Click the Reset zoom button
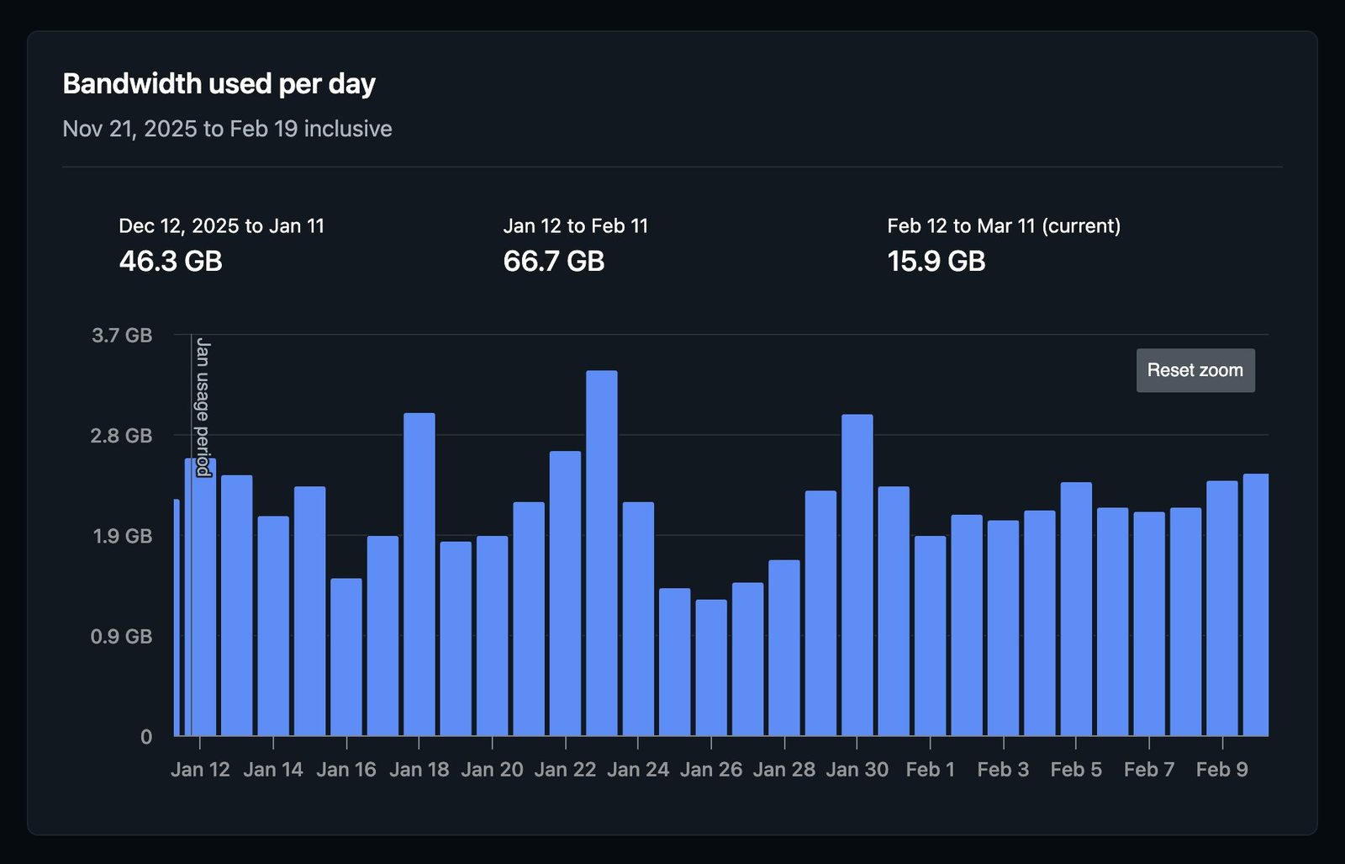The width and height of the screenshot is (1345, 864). (x=1195, y=370)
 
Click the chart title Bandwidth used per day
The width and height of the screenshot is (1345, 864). (x=219, y=84)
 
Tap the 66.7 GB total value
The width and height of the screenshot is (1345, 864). (x=553, y=261)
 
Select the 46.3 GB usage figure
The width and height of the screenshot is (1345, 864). (x=171, y=261)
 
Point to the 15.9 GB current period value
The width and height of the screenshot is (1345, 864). (x=936, y=261)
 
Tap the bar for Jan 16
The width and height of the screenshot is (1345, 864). (x=345, y=656)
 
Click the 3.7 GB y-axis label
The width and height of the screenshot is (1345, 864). (x=122, y=336)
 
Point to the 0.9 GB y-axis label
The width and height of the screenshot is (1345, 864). (x=122, y=636)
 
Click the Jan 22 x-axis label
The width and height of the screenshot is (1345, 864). (x=565, y=769)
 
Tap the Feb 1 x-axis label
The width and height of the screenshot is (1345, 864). (x=930, y=769)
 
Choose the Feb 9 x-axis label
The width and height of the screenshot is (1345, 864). (x=1221, y=769)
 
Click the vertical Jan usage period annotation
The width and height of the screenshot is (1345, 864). (x=203, y=407)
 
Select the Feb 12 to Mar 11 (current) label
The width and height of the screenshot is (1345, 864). (x=1003, y=225)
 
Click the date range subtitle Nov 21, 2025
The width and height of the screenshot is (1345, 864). (x=227, y=129)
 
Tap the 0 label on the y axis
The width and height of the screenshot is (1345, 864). (x=146, y=737)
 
